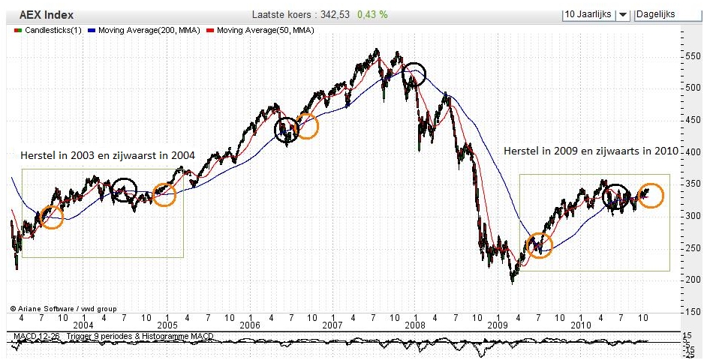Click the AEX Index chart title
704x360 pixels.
(x=44, y=14)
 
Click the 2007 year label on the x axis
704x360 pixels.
(x=331, y=325)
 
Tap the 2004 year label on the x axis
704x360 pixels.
(x=83, y=325)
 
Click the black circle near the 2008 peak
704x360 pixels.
(x=413, y=73)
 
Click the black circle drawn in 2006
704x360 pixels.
(x=287, y=130)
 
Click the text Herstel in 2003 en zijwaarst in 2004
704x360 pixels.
(x=109, y=155)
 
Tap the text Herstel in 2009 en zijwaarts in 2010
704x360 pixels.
(x=590, y=151)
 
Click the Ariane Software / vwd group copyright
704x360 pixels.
(x=63, y=308)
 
